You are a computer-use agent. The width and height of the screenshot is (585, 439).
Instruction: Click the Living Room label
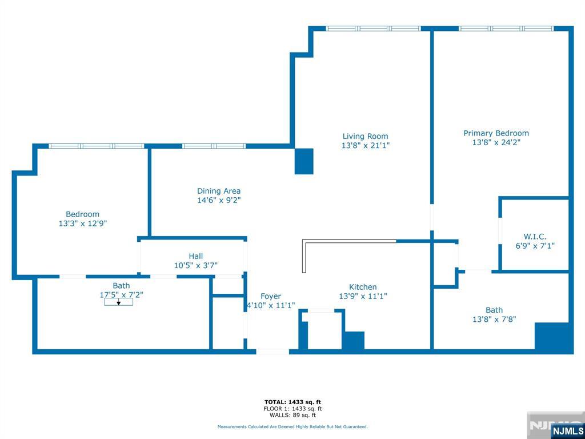tap(365, 136)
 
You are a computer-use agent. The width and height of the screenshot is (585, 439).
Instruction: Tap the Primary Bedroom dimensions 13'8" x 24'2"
tap(496, 142)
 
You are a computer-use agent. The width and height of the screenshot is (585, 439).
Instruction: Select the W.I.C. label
tap(535, 237)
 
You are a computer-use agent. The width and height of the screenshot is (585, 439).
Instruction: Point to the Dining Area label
tap(219, 191)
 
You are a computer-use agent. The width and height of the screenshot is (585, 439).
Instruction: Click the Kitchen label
tap(363, 287)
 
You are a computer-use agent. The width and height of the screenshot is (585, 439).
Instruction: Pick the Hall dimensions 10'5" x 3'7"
tap(196, 265)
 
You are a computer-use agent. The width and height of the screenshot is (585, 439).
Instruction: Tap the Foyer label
tap(271, 296)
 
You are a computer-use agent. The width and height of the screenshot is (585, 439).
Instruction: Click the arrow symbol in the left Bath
tap(118, 302)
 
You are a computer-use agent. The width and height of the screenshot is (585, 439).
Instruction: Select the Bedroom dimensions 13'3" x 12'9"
tap(83, 224)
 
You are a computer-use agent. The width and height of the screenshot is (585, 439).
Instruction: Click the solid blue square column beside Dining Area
tap(304, 161)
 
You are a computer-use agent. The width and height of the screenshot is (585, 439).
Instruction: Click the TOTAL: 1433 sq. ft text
tap(292, 402)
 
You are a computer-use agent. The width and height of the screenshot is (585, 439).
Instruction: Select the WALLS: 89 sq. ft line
tap(292, 415)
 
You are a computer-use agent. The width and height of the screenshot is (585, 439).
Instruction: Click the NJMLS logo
tap(567, 430)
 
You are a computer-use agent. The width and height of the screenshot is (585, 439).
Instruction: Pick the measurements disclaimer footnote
tap(292, 426)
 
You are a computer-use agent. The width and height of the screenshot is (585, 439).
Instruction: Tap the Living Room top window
tap(374, 29)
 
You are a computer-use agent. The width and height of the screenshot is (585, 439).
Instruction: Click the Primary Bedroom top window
tap(506, 29)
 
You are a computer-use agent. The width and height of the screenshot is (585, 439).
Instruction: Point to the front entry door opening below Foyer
tap(273, 352)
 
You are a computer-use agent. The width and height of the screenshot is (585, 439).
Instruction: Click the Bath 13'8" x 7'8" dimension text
tap(494, 320)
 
